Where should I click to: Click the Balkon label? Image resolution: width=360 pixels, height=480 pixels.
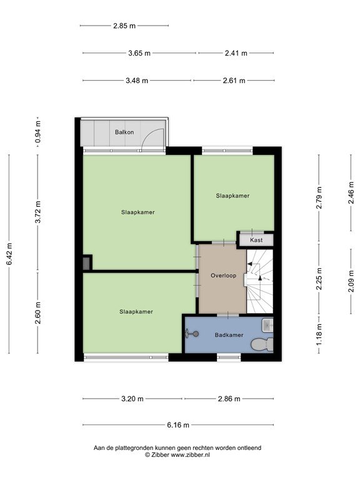point(124,132)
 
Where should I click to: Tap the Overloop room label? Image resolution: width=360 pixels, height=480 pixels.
point(224,276)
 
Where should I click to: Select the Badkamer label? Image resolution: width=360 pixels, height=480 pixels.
point(229,335)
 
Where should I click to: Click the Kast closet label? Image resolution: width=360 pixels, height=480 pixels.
point(256,240)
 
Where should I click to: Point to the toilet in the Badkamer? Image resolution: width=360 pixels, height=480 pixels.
point(262,344)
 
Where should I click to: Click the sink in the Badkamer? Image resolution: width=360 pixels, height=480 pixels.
point(268,325)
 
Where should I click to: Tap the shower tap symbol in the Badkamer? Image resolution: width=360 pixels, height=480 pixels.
point(192,334)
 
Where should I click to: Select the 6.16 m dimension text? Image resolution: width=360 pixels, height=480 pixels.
point(178,425)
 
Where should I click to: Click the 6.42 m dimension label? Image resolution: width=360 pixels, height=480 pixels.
point(9,254)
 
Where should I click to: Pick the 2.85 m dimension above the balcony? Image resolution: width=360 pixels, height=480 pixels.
point(124,26)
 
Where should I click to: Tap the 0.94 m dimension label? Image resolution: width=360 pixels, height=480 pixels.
point(38,132)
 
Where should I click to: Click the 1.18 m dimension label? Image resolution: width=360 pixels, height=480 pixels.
point(319,334)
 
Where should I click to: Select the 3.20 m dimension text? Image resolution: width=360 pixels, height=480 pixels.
point(132,399)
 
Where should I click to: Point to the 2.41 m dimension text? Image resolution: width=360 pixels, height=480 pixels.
point(236,53)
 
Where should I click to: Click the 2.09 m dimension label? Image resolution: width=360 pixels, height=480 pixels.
point(351,281)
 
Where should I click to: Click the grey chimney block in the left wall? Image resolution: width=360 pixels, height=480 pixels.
point(87,263)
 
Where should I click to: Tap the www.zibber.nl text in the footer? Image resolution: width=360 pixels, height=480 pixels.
point(190,454)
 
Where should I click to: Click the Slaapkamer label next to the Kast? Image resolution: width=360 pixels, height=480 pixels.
point(232,196)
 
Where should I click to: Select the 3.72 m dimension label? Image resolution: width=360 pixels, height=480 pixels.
point(38,212)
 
